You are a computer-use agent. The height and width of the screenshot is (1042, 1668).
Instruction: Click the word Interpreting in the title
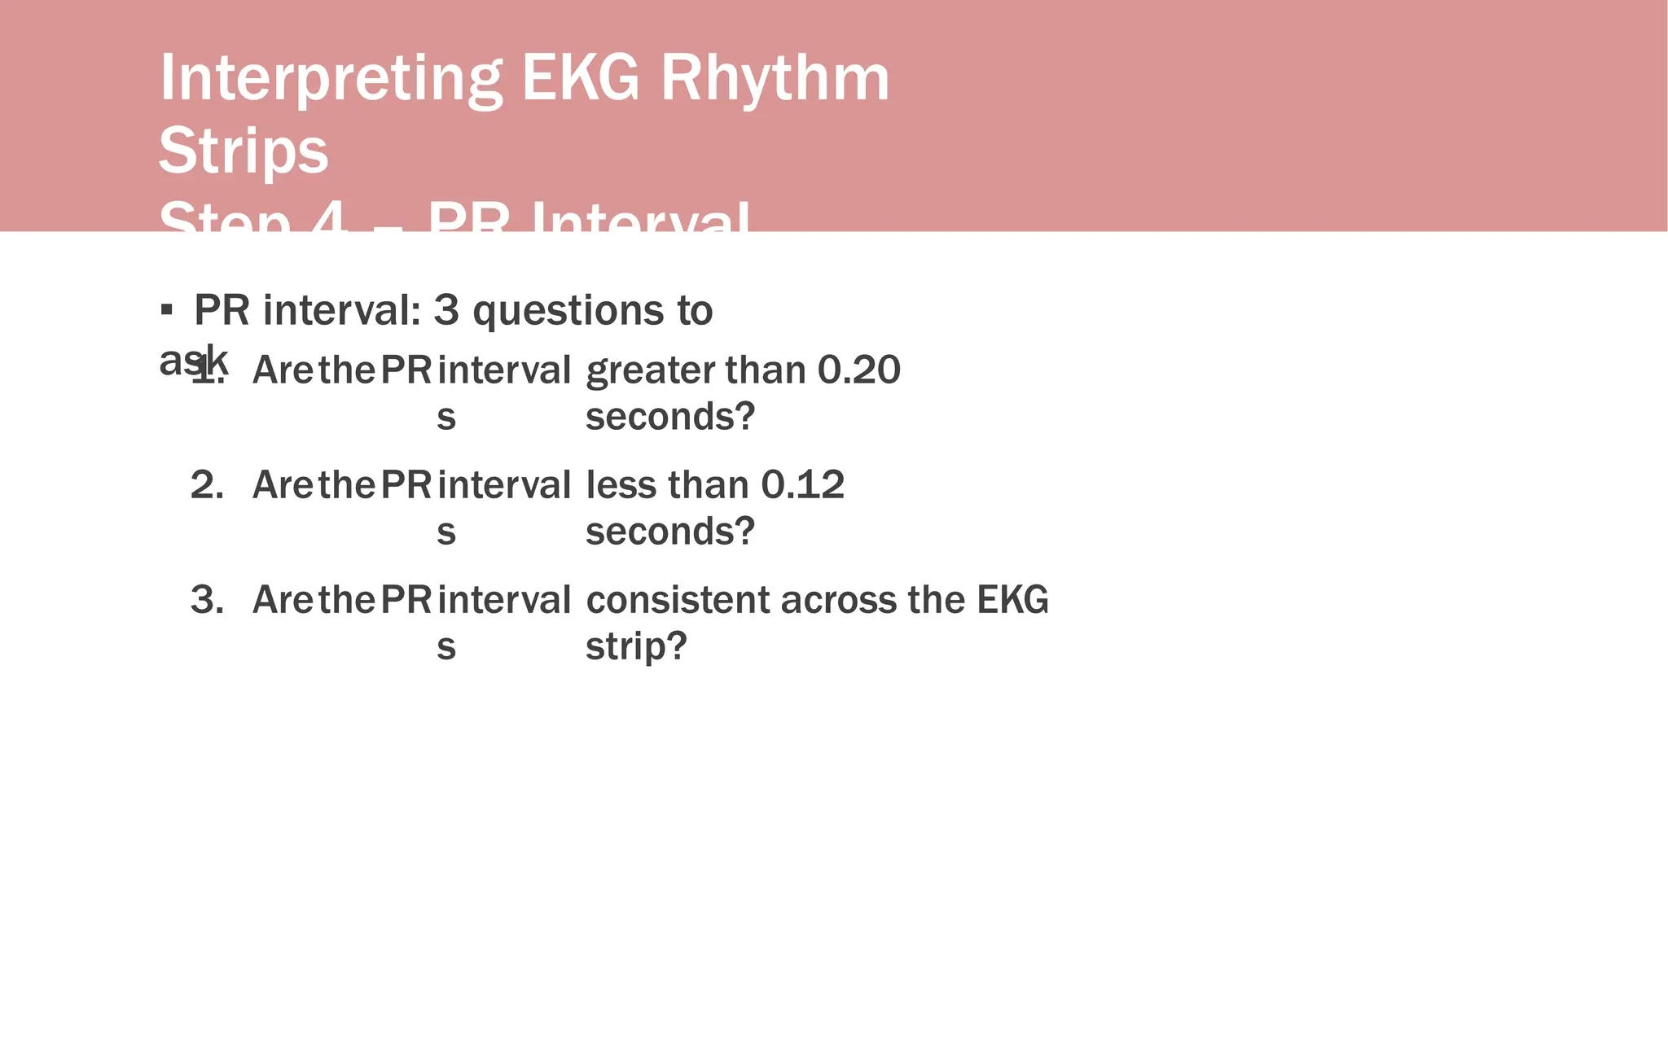point(331,79)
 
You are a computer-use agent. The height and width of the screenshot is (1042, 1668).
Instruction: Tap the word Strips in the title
point(243,151)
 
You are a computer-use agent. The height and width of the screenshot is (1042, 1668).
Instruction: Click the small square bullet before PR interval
point(167,309)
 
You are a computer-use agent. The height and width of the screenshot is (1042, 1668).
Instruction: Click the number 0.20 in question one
point(858,370)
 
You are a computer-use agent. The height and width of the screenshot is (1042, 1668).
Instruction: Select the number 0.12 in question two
point(802,484)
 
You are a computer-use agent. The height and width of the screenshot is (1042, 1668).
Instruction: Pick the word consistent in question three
point(678,600)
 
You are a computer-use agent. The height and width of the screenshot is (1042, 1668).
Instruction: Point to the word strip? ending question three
point(636,646)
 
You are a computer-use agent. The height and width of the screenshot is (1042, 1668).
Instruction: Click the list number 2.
point(207,484)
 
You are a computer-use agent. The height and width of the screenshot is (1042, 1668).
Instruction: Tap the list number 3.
point(207,600)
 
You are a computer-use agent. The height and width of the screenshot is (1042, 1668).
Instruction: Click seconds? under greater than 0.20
point(670,417)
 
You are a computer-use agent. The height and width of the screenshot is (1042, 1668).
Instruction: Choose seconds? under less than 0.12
point(670,532)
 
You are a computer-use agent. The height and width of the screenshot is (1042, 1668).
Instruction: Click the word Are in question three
point(283,600)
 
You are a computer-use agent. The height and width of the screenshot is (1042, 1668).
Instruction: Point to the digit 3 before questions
point(446,310)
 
